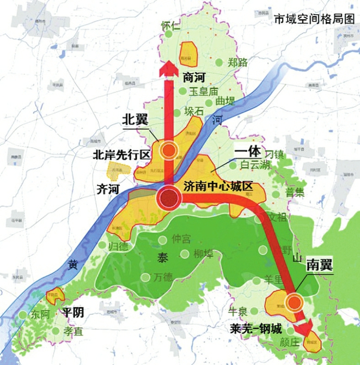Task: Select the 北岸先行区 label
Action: tap(121, 155)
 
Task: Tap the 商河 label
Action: tap(194, 77)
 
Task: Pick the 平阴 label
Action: tap(72, 312)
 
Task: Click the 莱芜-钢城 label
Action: tap(255, 329)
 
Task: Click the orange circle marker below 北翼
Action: tap(170, 151)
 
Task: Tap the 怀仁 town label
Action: tap(170, 25)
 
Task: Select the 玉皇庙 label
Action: tap(204, 92)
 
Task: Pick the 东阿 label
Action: tap(40, 315)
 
